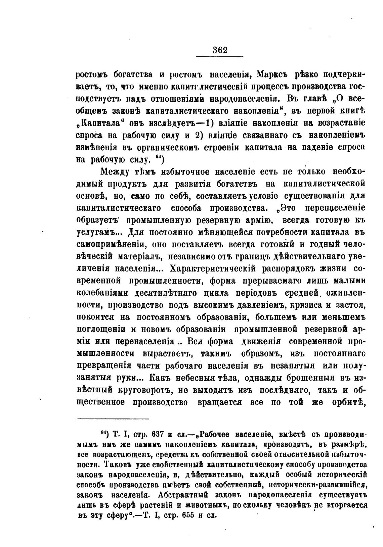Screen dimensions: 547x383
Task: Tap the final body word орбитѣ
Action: coord(350,402)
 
